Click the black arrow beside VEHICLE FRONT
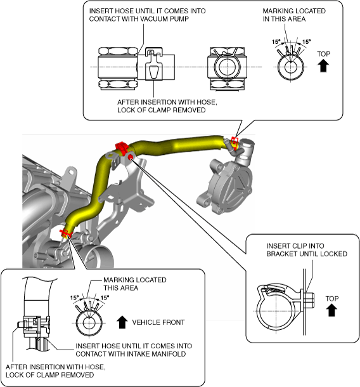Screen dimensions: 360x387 122,322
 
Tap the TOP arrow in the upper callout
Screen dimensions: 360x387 323,66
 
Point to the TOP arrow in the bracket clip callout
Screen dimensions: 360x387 331,310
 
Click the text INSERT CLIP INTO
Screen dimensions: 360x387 295,246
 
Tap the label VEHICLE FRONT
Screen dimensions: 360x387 158,322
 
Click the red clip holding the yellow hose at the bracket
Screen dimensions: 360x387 122,147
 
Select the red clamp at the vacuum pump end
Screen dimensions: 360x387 235,143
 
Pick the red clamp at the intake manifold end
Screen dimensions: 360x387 65,233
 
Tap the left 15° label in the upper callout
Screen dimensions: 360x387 276,41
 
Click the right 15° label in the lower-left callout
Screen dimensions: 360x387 105,298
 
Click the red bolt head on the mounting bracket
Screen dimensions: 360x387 131,157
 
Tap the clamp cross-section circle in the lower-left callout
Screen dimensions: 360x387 89,323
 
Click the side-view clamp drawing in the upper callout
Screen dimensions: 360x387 156,63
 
